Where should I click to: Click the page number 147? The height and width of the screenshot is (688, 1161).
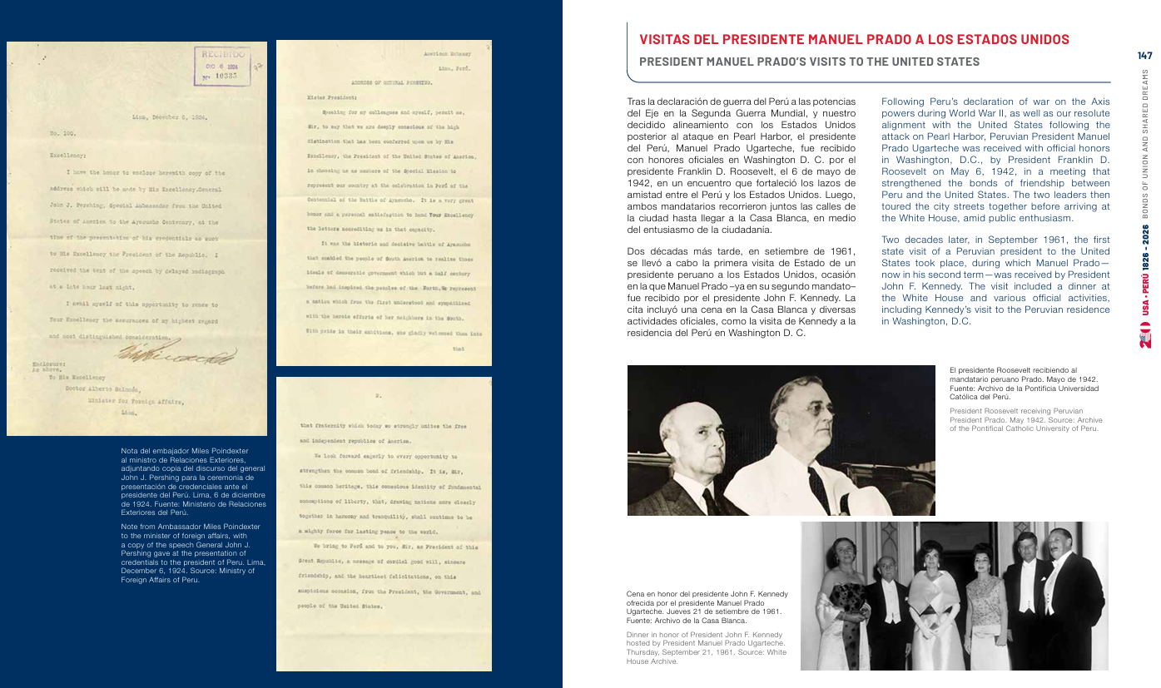[x=1145, y=56]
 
